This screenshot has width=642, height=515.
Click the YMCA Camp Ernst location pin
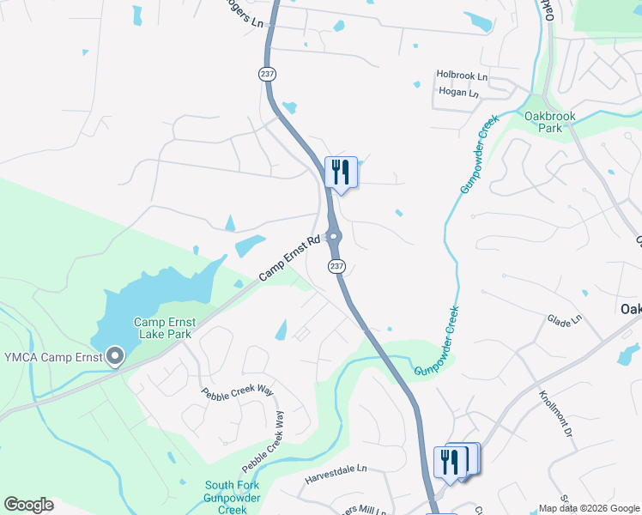(114, 356)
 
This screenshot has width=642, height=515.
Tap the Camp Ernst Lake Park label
(164, 329)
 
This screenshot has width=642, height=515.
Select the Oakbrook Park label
(549, 122)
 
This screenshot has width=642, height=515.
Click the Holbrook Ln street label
(461, 76)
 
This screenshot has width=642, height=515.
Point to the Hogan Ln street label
(457, 93)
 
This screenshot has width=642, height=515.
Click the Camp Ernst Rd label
(289, 257)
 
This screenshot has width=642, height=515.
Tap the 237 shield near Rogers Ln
(265, 75)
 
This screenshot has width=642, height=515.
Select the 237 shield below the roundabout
(336, 266)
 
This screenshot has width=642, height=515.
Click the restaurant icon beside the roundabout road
(341, 172)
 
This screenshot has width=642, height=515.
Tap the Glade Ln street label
(564, 320)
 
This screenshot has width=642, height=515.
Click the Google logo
(28, 505)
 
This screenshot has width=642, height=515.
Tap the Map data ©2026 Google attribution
(589, 508)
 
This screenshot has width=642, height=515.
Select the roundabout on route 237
(334, 237)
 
